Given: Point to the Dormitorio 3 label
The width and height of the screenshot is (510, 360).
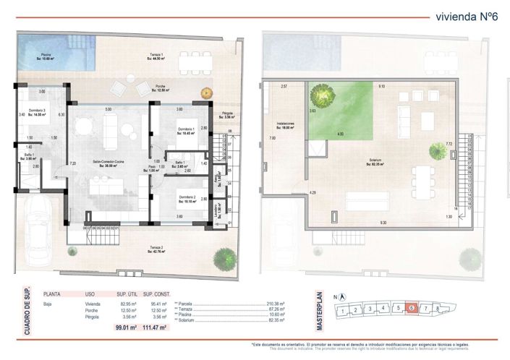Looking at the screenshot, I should [33, 111].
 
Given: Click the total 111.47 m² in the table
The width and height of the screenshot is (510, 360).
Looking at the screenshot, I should [154, 327].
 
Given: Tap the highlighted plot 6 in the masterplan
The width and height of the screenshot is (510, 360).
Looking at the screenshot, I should [412, 308].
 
